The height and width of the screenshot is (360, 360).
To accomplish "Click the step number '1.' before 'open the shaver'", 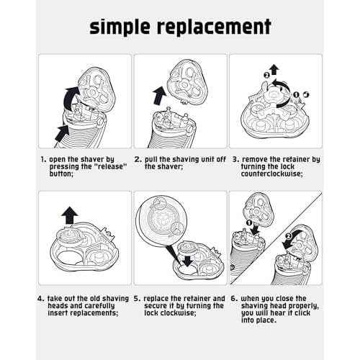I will point(42,157).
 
